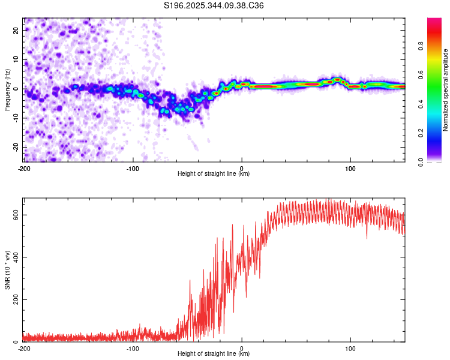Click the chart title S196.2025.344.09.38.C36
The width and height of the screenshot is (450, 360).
click(x=214, y=5)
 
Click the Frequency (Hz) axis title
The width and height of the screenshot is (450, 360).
click(x=7, y=89)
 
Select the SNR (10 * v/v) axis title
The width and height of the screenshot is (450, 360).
click(x=7, y=269)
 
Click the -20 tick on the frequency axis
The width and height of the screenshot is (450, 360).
click(x=16, y=147)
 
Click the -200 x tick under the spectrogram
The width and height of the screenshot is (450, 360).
click(x=24, y=168)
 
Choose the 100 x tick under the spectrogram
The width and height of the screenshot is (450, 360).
click(x=351, y=168)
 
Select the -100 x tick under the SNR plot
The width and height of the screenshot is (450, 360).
click(x=133, y=348)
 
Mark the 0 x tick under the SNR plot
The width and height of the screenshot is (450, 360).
click(x=242, y=348)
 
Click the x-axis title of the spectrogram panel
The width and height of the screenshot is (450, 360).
click(x=214, y=174)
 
